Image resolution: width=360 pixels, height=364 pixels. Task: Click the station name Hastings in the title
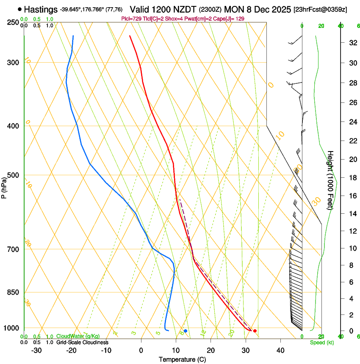(x=41, y=9)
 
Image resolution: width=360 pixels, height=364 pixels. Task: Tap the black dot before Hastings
(x=20, y=9)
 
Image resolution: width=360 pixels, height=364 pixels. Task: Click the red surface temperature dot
(x=255, y=331)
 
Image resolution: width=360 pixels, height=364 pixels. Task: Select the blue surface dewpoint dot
(x=186, y=331)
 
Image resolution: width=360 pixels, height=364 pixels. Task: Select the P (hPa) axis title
(x=4, y=185)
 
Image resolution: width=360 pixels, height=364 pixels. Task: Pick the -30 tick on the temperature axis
(x=36, y=350)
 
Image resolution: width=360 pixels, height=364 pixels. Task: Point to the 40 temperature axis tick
(x=280, y=350)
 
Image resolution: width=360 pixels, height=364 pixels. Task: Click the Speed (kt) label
(x=321, y=342)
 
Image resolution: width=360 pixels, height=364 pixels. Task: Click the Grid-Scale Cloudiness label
(x=82, y=342)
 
